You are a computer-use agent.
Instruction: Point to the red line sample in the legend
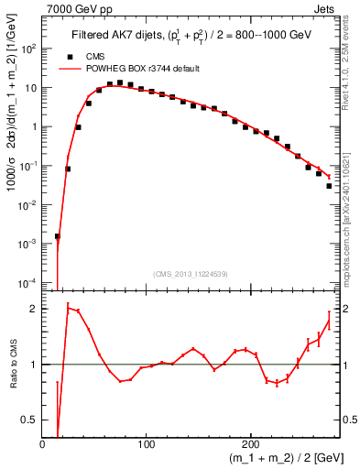coord(70,69)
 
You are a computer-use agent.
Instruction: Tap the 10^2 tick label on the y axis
coord(29,49)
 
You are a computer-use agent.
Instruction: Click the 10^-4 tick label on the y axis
coord(29,281)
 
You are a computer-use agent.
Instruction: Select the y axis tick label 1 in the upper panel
coord(34,127)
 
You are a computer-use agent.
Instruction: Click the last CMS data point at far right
coord(329,186)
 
